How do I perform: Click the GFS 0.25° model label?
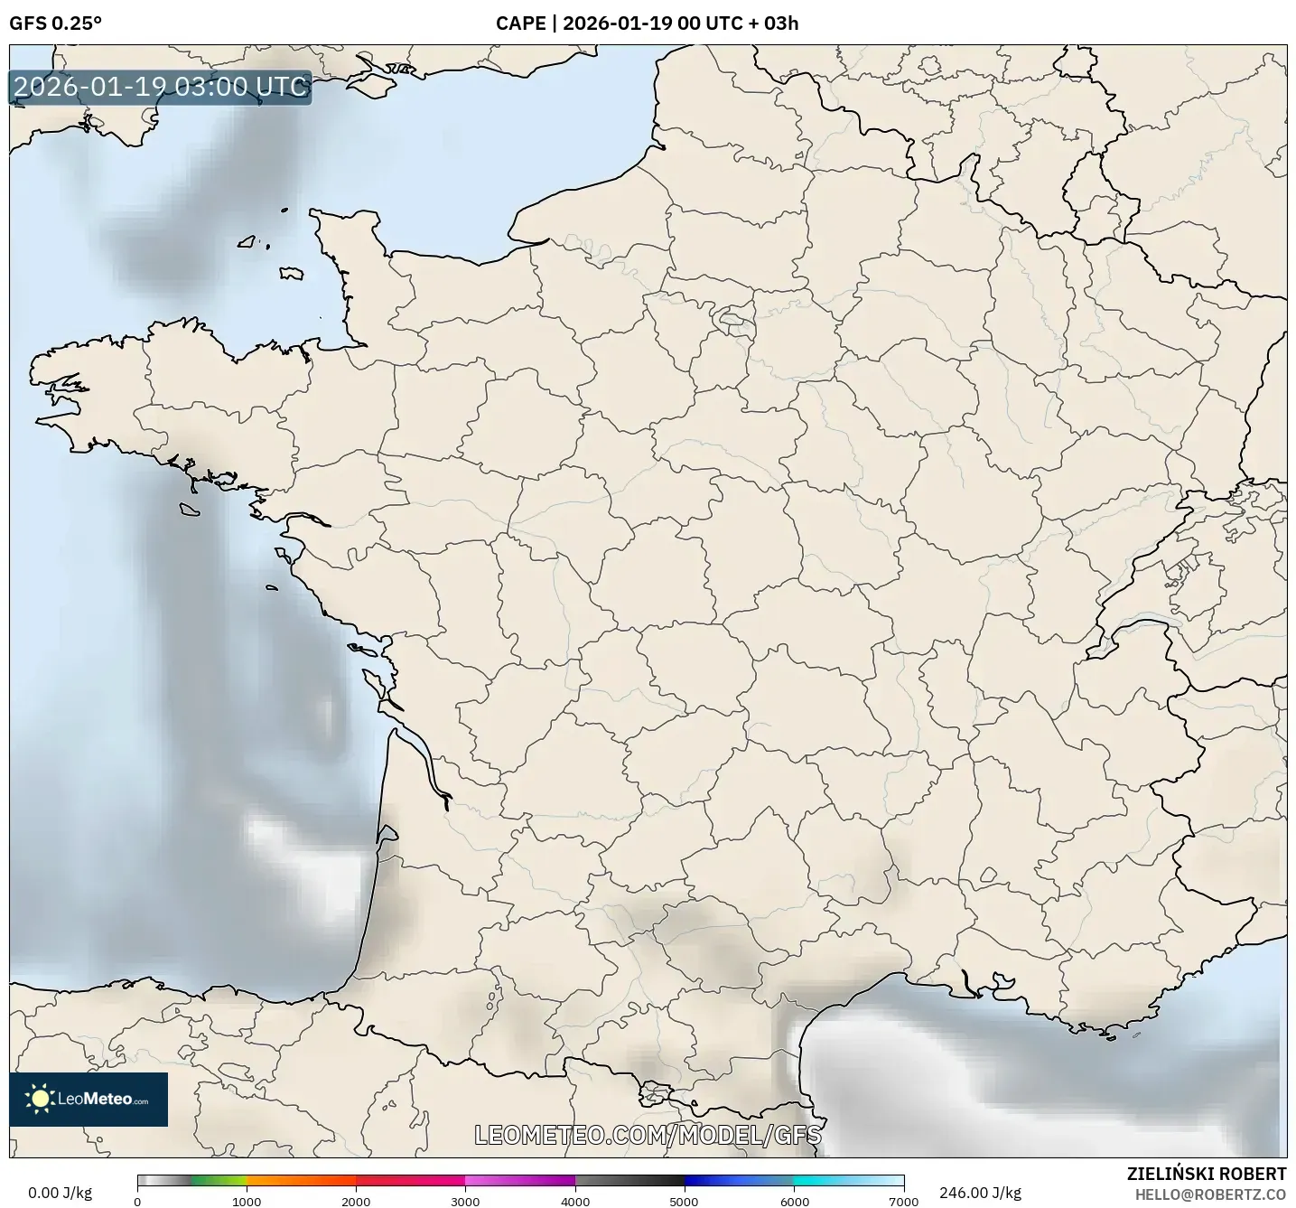[x=55, y=23]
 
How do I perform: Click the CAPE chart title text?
[x=647, y=23]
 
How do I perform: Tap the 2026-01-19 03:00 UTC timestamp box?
[x=161, y=87]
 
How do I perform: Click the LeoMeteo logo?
[x=89, y=1099]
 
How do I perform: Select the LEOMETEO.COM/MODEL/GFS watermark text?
[x=648, y=1134]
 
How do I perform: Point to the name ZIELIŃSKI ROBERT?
[x=1207, y=1174]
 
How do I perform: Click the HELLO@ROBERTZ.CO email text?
[x=1210, y=1194]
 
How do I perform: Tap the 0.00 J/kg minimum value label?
[x=60, y=1193]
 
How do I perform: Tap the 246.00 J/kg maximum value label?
[x=980, y=1193]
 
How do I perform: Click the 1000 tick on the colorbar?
[x=247, y=1201]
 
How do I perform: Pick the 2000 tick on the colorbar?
[x=356, y=1201]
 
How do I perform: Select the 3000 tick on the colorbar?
[x=465, y=1201]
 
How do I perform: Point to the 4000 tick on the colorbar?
[x=575, y=1201]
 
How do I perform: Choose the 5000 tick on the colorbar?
[x=685, y=1201]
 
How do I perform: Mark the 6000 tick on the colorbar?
[x=794, y=1201]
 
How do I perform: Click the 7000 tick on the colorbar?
[x=903, y=1201]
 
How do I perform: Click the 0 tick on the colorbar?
[x=137, y=1201]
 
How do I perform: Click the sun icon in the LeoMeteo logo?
[x=40, y=1099]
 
